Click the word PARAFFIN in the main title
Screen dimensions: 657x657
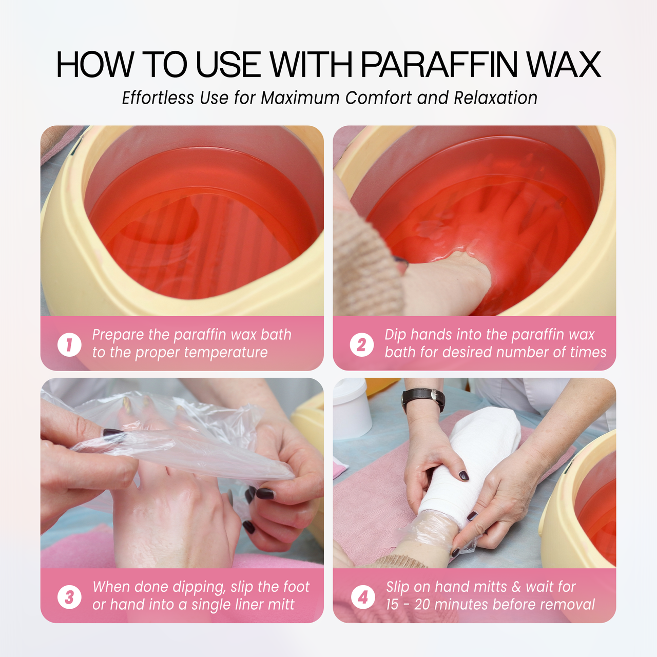tap(438, 65)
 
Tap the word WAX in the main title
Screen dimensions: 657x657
tap(563, 65)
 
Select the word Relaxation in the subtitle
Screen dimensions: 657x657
tap(495, 98)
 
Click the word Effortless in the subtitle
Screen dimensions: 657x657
tap(158, 98)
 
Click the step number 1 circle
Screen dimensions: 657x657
tap(69, 345)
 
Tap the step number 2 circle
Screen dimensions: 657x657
tap(362, 345)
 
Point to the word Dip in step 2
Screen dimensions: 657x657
tap(396, 335)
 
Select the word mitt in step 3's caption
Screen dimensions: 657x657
tap(281, 605)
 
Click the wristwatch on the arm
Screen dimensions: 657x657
tap(423, 399)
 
